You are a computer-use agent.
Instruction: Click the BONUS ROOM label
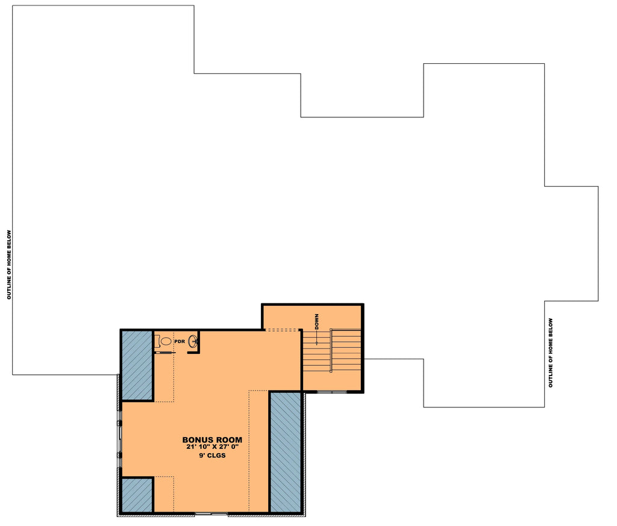coord(212,440)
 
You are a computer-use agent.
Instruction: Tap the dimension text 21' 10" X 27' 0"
coord(212,448)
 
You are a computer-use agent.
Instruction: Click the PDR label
coord(179,341)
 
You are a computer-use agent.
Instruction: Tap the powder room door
coord(164,352)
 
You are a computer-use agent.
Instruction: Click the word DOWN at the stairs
coord(316,321)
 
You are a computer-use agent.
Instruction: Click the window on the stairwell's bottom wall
coord(332,392)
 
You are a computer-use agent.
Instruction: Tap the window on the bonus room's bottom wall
coord(211,513)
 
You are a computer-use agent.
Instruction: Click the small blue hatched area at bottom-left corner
coord(137,495)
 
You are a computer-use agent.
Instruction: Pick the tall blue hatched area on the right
coord(285,451)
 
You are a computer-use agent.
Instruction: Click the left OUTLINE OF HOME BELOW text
coord(9,265)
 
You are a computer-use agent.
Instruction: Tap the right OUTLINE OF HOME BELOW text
coord(550,353)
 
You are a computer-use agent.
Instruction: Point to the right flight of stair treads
coord(346,350)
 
